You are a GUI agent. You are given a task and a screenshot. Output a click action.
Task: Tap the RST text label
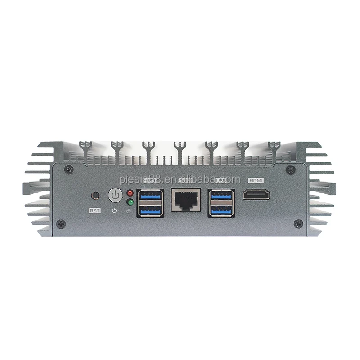(95, 210)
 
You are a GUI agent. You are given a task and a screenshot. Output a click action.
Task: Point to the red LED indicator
(130, 193)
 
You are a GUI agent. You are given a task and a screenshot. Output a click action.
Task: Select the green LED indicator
(130, 202)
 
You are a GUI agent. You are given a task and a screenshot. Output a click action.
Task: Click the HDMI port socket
(256, 194)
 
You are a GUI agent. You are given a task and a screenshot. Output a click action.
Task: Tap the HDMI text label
(256, 180)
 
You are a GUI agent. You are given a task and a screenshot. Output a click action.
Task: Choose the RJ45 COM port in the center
(186, 200)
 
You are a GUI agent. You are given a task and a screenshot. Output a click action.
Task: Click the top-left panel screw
(68, 170)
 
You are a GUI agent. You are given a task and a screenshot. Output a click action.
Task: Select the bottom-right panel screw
(298, 223)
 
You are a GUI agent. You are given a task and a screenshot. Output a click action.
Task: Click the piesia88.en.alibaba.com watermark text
(180, 179)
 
